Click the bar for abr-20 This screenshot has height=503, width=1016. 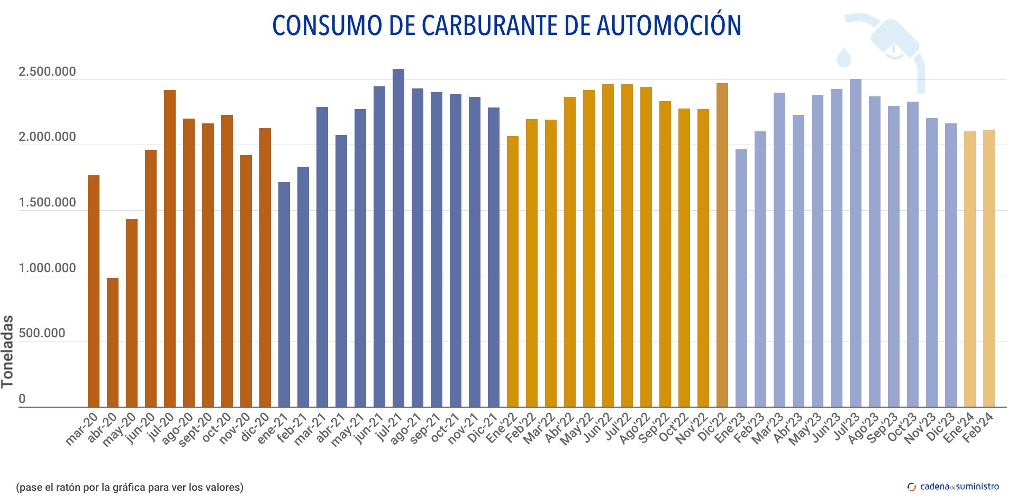[x=113, y=342]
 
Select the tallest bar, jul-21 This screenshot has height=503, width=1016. [x=398, y=238]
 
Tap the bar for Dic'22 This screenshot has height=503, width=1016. [x=722, y=245]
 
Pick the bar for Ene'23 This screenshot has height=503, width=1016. [x=741, y=278]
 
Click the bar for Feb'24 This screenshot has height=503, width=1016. [x=989, y=268]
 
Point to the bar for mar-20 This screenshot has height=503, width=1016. [x=94, y=291]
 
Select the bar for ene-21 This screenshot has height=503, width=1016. [x=284, y=294]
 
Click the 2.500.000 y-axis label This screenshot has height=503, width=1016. [x=47, y=71]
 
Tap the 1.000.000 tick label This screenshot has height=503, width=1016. [x=47, y=268]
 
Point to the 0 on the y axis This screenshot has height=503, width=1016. [x=22, y=399]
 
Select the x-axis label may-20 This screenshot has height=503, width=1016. [x=119, y=429]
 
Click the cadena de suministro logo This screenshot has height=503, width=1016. [x=953, y=487]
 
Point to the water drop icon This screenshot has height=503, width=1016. [x=844, y=57]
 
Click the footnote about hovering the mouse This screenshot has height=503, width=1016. [x=130, y=487]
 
